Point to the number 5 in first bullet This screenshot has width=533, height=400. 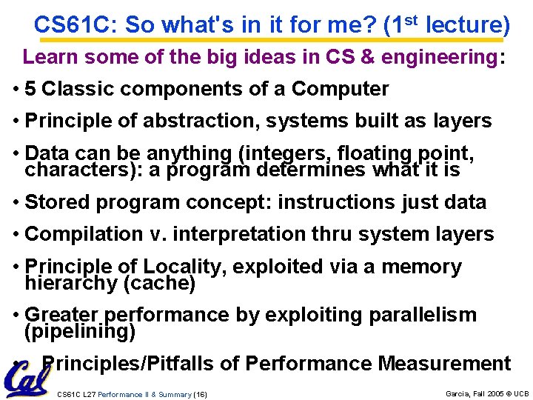tap(31, 89)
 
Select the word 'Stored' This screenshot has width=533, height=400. tap(55, 202)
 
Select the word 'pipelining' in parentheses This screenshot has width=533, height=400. tap(80, 331)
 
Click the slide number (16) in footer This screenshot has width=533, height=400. tap(200, 394)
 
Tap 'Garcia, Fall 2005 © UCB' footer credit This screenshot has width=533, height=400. tap(486, 393)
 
